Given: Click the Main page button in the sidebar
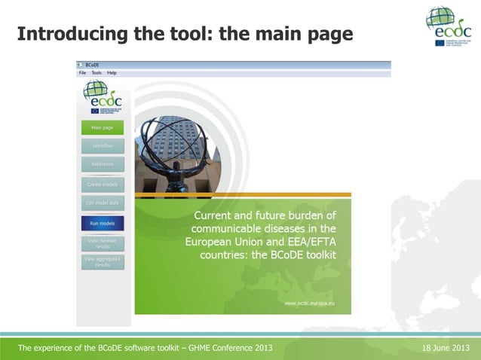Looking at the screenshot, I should pos(102,127).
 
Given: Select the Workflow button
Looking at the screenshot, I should pos(102,145).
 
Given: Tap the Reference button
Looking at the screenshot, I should pos(102,164).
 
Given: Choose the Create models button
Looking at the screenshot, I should pos(102,185).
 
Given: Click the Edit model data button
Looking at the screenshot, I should pos(102,203).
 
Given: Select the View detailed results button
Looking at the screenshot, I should pos(102,243).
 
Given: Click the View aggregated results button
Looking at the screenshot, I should pos(102,261).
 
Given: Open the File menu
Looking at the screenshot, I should pos(82,73).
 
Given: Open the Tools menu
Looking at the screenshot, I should pos(97,73).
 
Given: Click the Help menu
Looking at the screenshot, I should pos(112,73).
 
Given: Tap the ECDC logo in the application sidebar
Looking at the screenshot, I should pos(102,96).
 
